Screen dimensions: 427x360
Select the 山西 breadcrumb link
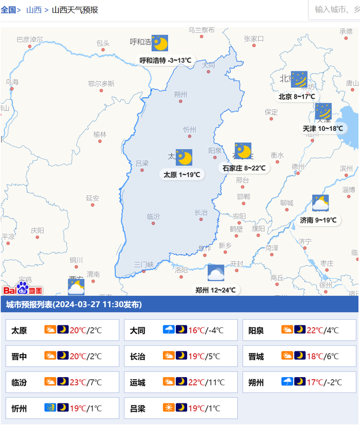click(34, 10)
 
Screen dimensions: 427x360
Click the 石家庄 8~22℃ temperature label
click(244, 168)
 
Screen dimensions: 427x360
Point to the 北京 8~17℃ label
click(296, 97)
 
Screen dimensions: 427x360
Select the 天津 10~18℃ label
click(322, 128)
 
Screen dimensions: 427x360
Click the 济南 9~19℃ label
click(318, 220)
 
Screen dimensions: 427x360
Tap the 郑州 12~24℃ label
click(215, 290)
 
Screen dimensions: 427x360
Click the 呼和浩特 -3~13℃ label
click(166, 60)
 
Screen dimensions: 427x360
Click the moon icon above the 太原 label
click(184, 157)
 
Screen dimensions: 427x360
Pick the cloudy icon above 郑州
click(215, 273)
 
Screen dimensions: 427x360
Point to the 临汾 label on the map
click(153, 216)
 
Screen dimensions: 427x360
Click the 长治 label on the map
click(201, 212)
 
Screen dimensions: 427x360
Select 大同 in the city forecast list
click(138, 330)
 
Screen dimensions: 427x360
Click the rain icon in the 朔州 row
click(287, 382)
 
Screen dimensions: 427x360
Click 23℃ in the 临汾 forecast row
click(78, 382)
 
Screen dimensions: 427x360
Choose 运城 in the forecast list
click(138, 382)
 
